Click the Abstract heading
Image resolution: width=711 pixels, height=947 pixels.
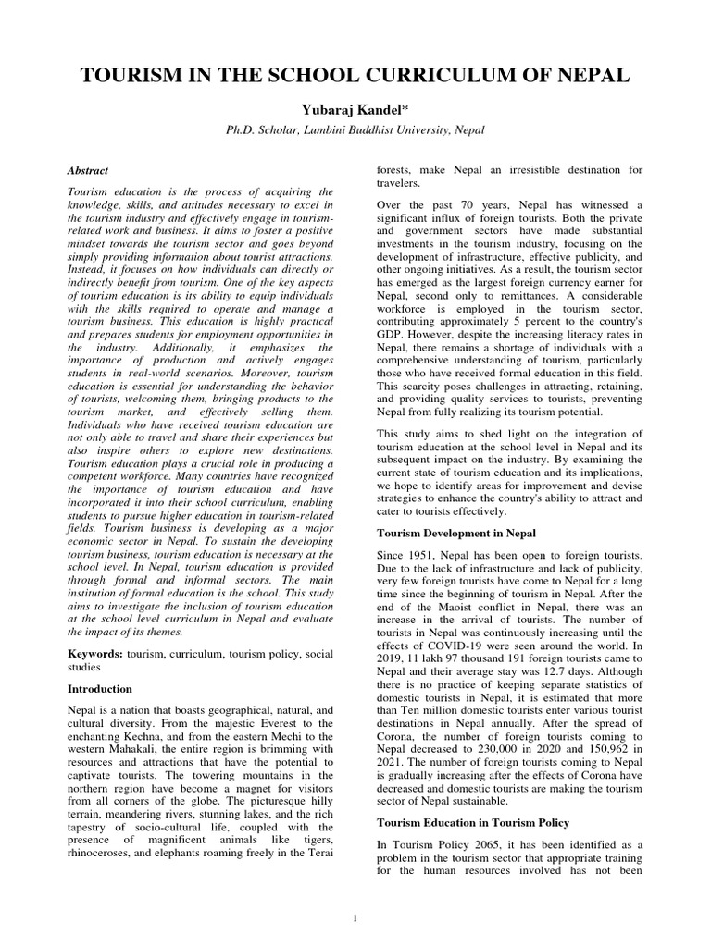tap(88, 171)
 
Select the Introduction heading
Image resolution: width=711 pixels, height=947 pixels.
tap(101, 689)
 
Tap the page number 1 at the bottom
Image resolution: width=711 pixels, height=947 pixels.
tap(355, 917)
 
